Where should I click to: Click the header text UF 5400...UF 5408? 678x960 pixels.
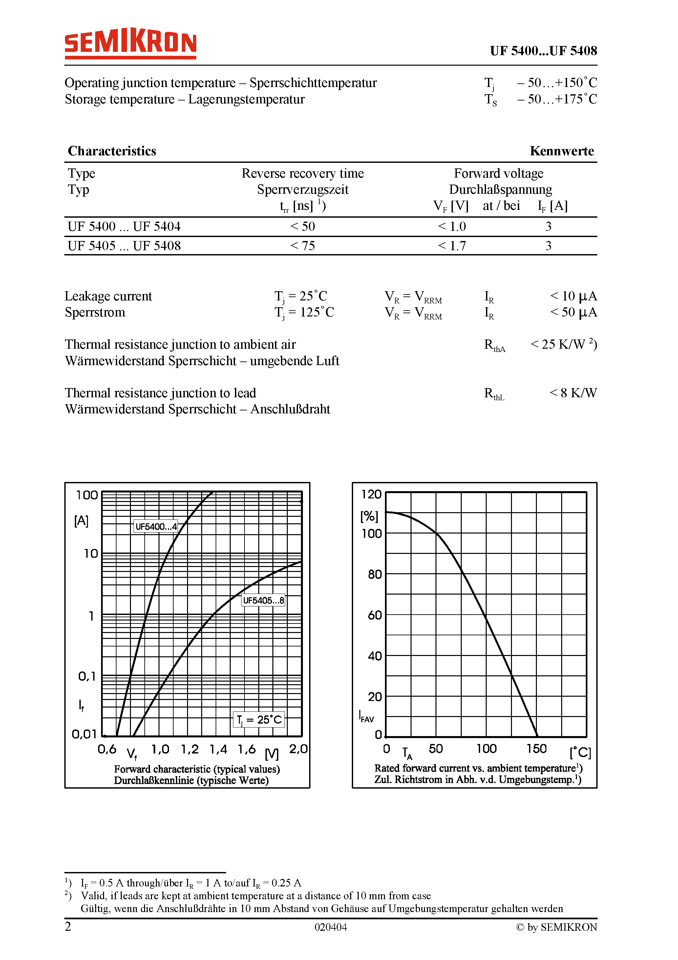[543, 51]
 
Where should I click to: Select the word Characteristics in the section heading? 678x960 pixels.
[112, 151]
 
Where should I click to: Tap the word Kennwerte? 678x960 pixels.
[561, 151]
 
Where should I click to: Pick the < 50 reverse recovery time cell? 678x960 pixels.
[303, 227]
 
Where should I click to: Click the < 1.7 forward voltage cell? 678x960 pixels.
[452, 246]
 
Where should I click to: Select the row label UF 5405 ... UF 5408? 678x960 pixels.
[124, 246]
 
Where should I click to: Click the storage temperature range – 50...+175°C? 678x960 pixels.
[557, 99]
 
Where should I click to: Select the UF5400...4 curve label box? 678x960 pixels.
[156, 526]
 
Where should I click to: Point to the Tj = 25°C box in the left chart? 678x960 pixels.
[259, 720]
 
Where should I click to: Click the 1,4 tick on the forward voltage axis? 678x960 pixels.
[218, 749]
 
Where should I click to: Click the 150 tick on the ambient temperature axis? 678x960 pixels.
[536, 749]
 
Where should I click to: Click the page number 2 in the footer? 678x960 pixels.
[68, 927]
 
